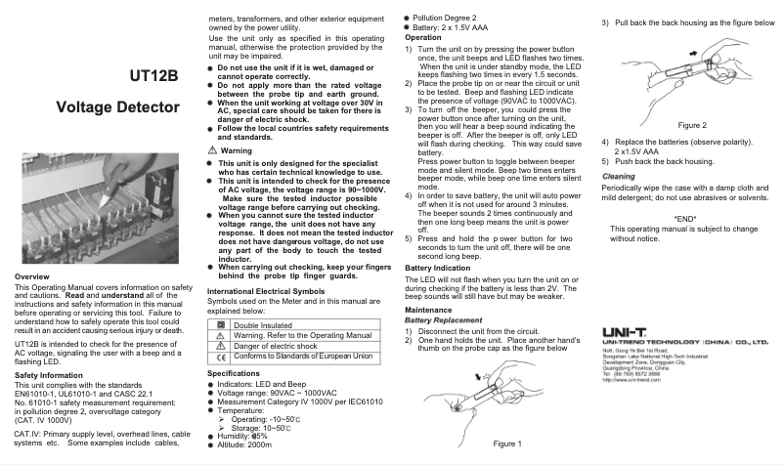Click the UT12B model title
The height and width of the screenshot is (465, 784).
[153, 76]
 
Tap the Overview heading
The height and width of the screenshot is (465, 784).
[32, 278]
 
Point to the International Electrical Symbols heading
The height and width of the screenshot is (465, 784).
[266, 291]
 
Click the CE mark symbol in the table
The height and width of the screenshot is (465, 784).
[220, 357]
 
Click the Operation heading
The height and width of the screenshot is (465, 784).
[423, 37]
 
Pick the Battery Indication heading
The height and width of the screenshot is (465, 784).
[437, 267]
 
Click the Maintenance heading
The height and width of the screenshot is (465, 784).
[428, 310]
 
